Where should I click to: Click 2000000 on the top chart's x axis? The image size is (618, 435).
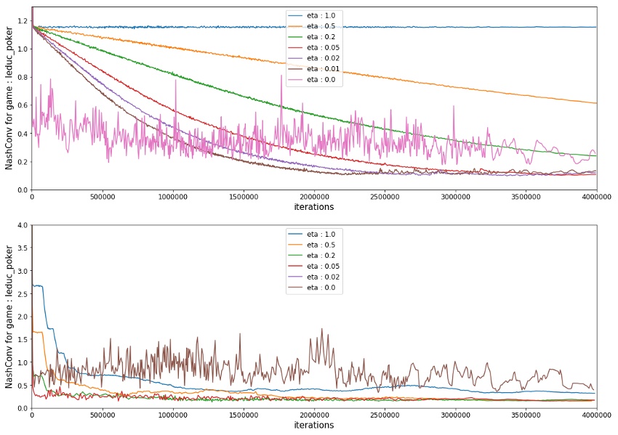point(314,197)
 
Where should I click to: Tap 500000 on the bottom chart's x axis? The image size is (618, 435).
point(102,415)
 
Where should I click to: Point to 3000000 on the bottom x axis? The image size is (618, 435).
point(455,415)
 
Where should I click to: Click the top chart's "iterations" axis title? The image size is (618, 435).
point(314,207)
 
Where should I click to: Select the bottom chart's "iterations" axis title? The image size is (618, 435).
point(314,426)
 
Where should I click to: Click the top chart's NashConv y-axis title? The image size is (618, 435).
point(9,98)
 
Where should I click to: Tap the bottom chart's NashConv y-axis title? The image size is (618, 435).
point(9,317)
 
